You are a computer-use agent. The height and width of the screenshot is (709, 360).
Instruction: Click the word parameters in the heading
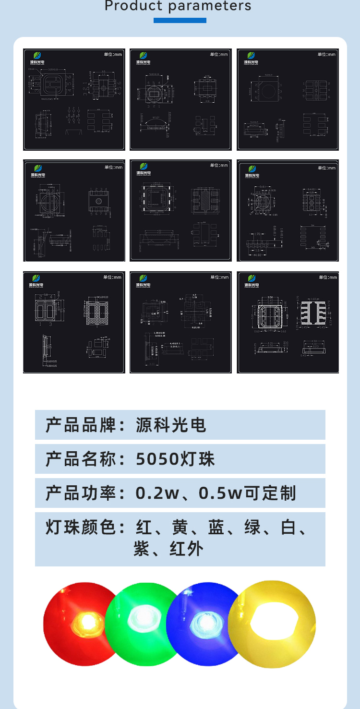[x=210, y=6]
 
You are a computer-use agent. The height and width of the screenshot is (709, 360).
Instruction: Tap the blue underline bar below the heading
[x=180, y=21]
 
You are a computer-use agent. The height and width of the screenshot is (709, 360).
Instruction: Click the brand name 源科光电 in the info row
[x=171, y=425]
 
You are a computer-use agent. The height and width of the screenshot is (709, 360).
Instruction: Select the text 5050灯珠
[x=175, y=459]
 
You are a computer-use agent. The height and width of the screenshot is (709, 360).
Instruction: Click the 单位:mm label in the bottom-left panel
[x=112, y=277]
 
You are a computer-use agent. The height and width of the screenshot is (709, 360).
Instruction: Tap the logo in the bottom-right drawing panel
[x=251, y=280]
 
